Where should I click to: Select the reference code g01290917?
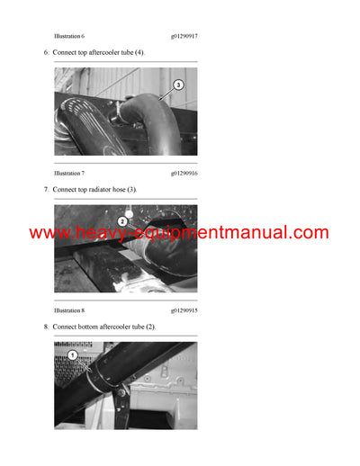[x=184, y=36]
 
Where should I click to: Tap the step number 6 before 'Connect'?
[x=46, y=53]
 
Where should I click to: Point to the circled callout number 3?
[x=178, y=85]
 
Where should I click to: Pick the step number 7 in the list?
[x=46, y=190]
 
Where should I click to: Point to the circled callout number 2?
[x=123, y=220]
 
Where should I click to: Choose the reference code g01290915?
[x=184, y=309]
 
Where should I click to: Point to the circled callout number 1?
[x=73, y=355]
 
